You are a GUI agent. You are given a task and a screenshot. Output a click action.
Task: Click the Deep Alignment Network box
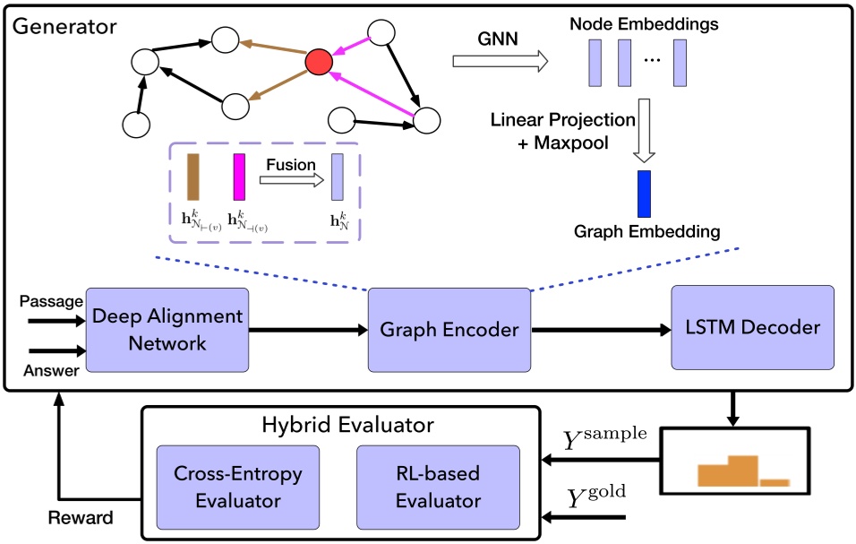coord(167,330)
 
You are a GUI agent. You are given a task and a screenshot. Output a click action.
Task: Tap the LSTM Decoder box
coord(752,328)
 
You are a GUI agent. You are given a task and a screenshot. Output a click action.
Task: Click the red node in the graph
coord(319,62)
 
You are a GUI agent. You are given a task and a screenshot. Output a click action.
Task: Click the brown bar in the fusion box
coord(193,176)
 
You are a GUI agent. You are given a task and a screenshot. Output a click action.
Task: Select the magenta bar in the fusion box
coord(239,176)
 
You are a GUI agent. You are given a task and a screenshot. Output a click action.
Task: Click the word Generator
coord(64,25)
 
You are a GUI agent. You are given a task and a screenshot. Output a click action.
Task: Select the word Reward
coord(81,518)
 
